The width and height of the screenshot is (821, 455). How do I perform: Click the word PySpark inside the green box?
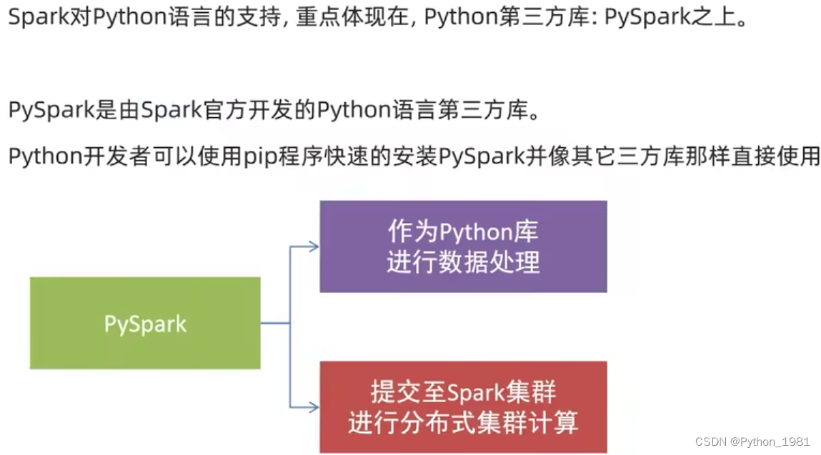point(145,324)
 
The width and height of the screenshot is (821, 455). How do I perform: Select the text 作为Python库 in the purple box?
point(463,231)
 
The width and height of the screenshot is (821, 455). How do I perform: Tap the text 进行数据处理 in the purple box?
point(463,262)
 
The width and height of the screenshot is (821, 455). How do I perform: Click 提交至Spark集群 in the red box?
point(463,392)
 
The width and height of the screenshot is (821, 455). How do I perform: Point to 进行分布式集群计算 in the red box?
point(463,423)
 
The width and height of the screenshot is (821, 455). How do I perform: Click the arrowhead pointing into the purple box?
point(313,246)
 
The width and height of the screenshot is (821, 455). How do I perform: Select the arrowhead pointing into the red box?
point(313,407)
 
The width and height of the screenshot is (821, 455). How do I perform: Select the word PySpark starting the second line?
point(51,111)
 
